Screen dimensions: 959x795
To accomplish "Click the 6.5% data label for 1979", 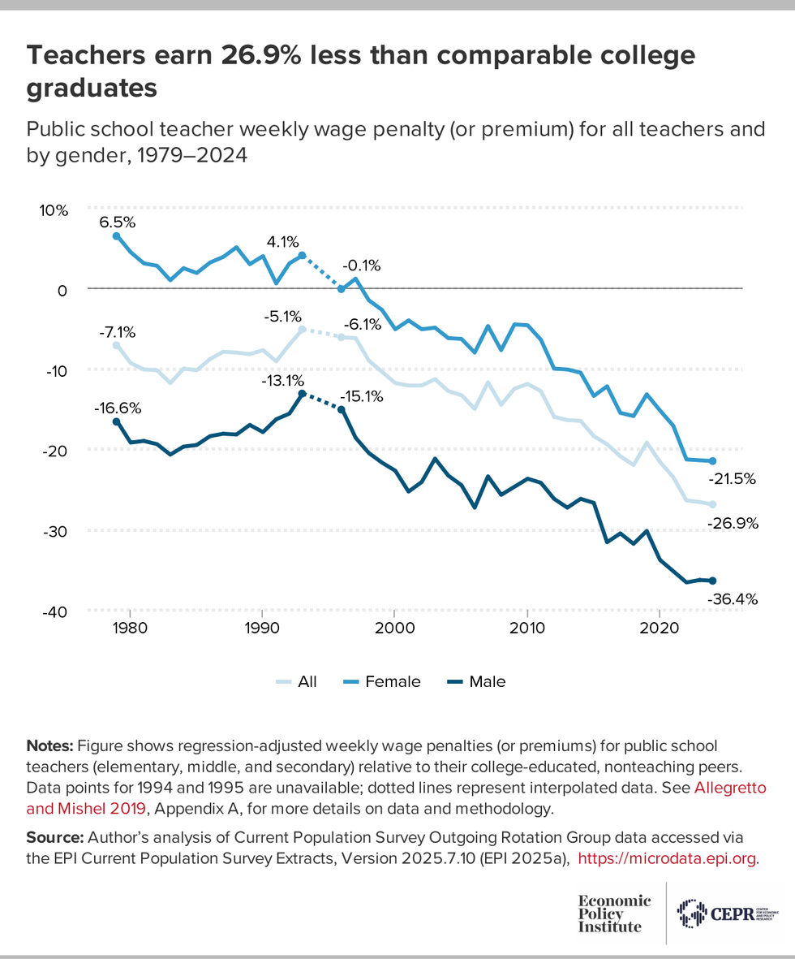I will click(x=118, y=221).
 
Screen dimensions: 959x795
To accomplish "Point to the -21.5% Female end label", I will click(x=733, y=480).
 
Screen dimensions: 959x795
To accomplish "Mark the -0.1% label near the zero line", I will click(x=361, y=266).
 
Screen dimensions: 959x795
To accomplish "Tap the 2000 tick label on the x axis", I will click(x=393, y=628).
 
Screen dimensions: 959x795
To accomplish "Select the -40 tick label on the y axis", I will click(x=54, y=611).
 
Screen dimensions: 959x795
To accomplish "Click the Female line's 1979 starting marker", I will click(x=116, y=236).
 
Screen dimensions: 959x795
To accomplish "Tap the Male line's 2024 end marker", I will click(x=712, y=581).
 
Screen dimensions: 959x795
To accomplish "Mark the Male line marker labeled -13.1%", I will click(x=302, y=394).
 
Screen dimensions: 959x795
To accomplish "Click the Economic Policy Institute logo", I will click(x=614, y=914).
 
